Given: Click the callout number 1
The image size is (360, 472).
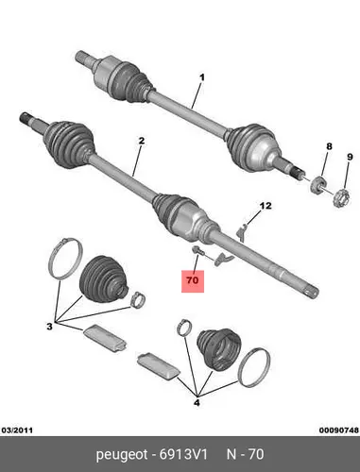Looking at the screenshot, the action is [x=202, y=77].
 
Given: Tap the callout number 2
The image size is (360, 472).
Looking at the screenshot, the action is [x=142, y=141].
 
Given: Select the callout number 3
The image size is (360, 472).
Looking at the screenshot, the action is [x=49, y=327].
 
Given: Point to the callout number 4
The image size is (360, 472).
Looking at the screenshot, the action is [x=197, y=402].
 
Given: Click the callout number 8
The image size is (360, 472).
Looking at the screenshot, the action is [x=329, y=146].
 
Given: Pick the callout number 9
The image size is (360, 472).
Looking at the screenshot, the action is [x=350, y=157].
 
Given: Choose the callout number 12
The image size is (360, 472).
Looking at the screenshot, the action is [x=266, y=206].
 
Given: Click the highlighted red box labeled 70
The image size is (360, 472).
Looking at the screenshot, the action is [x=193, y=281].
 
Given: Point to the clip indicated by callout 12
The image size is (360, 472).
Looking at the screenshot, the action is [x=241, y=231].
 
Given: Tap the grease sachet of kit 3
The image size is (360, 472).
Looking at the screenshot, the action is [x=105, y=337].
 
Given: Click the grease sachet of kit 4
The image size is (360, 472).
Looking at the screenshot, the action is [x=159, y=366].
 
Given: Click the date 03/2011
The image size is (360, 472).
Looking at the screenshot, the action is [x=18, y=430].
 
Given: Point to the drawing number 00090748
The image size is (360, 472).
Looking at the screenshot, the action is [x=339, y=430].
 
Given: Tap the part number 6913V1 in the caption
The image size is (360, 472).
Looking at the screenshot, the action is [x=183, y=454].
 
